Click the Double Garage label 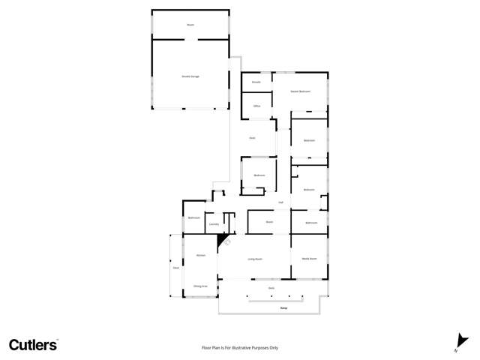190,76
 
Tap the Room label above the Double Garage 190,25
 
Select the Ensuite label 256,82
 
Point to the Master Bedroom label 300,91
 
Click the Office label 256,106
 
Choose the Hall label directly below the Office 253,138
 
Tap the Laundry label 214,223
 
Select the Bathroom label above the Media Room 310,223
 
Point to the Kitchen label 200,256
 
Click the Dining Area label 199,286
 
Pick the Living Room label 255,259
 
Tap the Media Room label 309,258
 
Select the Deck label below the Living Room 271,288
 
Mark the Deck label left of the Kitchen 175,268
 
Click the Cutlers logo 33,345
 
